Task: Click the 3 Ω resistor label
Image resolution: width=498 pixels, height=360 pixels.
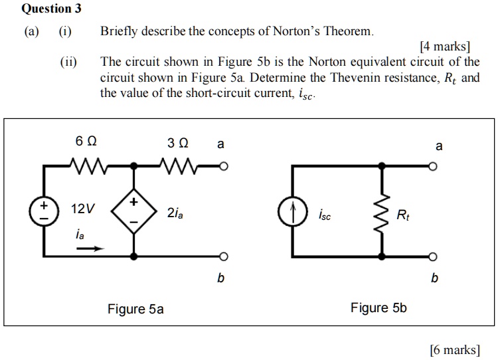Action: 178,143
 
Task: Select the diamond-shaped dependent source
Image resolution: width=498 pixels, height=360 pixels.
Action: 135,211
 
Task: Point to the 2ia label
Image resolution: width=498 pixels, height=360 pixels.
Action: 176,213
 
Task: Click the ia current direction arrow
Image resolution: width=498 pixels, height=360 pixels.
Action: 91,250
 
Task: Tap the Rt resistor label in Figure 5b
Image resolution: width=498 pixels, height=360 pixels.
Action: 403,215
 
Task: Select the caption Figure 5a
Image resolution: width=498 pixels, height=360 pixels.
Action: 135,309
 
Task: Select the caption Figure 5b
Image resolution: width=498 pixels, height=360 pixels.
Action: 378,308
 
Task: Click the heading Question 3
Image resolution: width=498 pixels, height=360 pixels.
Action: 46,9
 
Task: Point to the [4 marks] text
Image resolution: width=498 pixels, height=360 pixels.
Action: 445,47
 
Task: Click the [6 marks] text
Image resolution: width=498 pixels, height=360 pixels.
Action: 454,349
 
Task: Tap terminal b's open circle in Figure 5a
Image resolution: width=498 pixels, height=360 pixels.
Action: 224,256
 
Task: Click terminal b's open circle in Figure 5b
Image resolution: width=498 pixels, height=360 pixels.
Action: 433,256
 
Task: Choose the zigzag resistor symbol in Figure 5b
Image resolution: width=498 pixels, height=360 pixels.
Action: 382,213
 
